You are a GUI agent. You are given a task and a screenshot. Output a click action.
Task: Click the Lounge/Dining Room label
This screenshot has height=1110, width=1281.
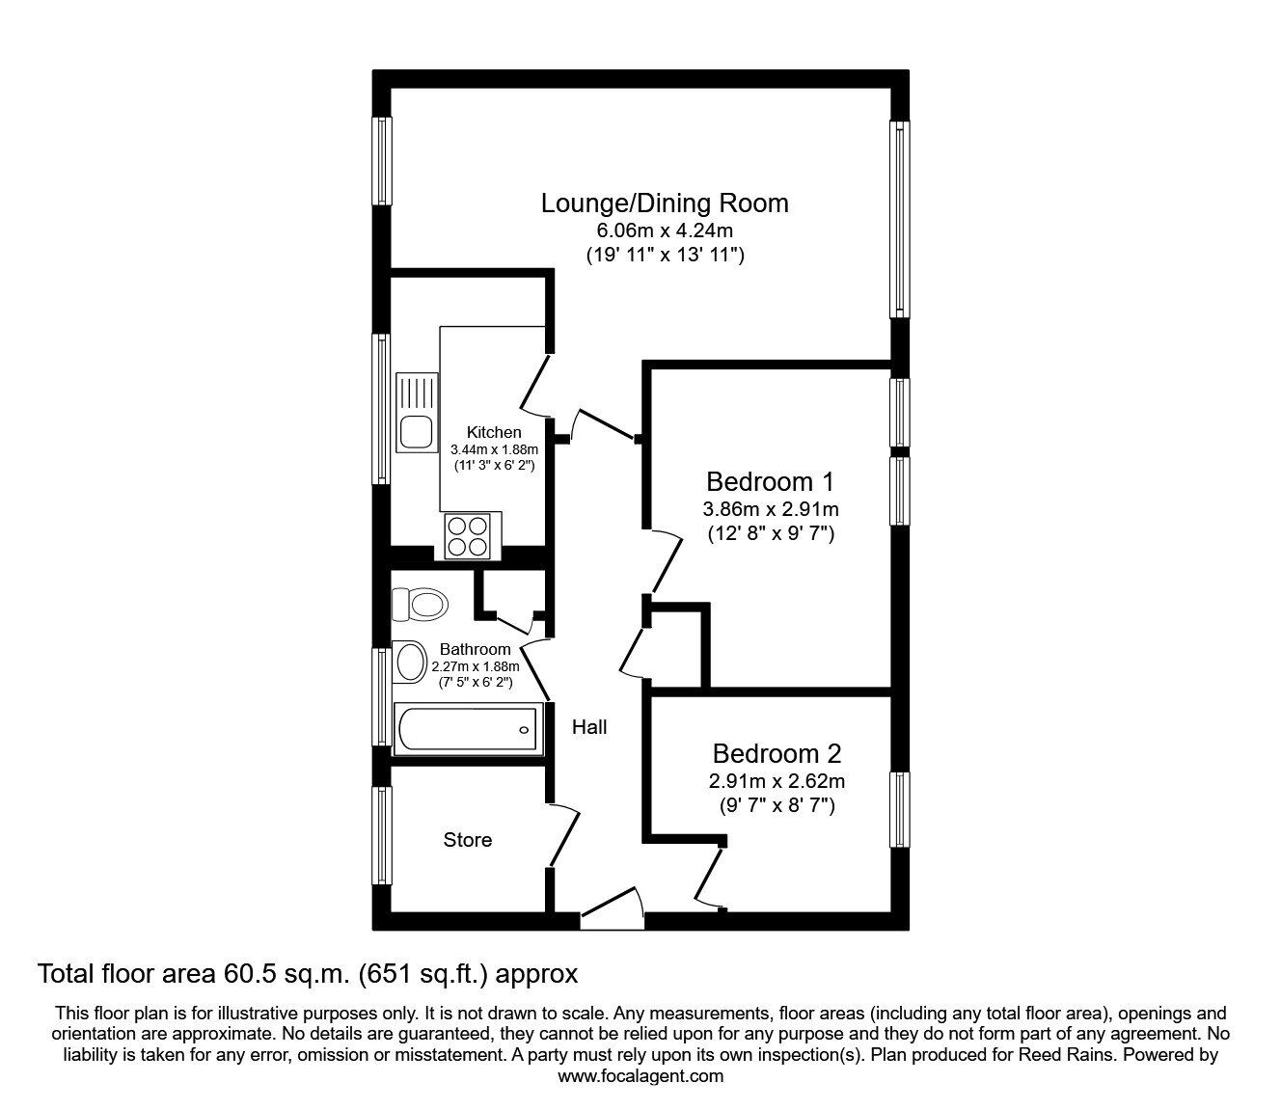tap(665, 203)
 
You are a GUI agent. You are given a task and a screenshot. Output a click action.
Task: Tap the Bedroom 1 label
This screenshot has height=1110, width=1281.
tap(770, 481)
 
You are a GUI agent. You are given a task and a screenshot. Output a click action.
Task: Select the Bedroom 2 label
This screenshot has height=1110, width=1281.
tap(777, 753)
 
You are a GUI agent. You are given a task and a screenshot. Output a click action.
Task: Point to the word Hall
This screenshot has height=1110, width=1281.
tap(589, 727)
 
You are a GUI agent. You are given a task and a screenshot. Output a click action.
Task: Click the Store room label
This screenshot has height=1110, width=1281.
tap(468, 840)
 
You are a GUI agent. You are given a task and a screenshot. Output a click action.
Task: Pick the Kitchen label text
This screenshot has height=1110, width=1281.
tap(494, 433)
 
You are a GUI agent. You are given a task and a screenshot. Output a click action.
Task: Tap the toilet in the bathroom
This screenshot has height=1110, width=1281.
tap(419, 605)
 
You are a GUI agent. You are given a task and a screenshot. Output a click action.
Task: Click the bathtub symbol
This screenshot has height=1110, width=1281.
tap(466, 728)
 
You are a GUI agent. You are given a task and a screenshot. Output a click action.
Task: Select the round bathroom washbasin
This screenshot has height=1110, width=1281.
tap(412, 662)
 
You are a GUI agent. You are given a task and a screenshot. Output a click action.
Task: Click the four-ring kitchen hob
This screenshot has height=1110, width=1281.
tap(468, 535)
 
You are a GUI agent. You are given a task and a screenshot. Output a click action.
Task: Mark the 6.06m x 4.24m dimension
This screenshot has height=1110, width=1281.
tap(665, 230)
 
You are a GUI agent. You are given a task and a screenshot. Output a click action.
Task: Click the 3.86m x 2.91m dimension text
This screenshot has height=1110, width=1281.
tap(770, 508)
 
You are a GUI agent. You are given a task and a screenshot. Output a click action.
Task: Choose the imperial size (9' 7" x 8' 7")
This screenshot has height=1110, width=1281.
tap(777, 805)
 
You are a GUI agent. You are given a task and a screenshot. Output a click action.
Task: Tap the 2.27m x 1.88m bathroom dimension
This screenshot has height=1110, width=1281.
tap(476, 665)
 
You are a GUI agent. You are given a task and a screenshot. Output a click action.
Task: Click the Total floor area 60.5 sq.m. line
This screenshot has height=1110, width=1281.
tap(307, 974)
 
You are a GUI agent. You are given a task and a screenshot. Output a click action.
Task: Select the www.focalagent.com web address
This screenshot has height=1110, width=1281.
tap(640, 1076)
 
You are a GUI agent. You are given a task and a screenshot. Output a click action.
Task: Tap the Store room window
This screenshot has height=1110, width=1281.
tap(383, 835)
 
